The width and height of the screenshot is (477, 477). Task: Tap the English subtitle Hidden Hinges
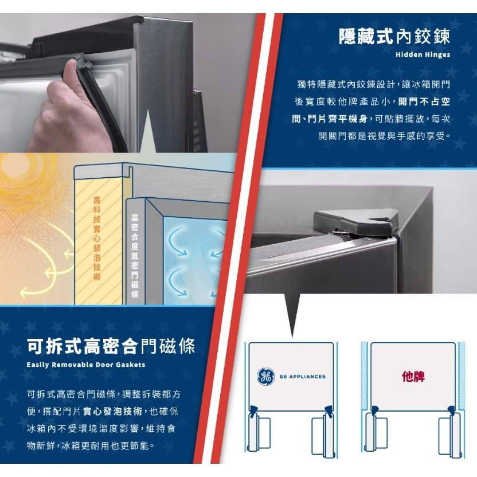coord(423,56)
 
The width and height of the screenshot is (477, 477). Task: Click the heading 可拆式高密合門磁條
coord(111,346)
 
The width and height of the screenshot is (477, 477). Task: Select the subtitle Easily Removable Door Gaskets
coord(86,365)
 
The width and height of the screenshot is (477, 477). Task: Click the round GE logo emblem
coord(265,377)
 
